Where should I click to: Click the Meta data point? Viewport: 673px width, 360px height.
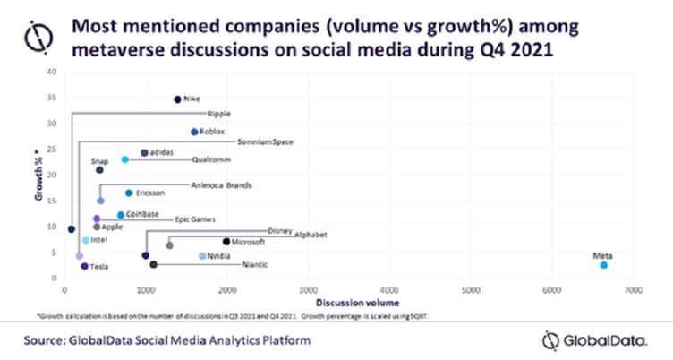coord(604,265)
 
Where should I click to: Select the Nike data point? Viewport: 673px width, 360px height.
coord(177,99)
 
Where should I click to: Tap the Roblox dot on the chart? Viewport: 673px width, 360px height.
coord(194,132)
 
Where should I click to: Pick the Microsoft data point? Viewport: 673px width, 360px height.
coord(226,241)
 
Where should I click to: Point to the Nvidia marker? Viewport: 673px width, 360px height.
coord(202,256)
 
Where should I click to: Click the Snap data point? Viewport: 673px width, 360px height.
coord(99,170)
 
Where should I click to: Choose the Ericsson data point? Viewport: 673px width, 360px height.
coord(129,193)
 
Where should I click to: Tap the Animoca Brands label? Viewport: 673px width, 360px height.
coord(222,185)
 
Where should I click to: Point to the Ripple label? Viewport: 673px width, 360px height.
coord(219,115)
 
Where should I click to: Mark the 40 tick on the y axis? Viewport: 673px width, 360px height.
coord(50,72)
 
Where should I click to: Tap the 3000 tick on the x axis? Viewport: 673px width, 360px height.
coord(309,291)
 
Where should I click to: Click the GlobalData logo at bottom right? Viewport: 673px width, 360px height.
coord(585,339)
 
